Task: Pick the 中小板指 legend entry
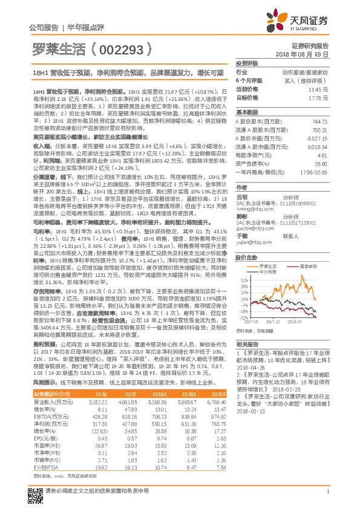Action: click(261, 254)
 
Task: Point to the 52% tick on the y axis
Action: click(243, 264)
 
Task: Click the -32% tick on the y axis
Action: click(243, 316)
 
